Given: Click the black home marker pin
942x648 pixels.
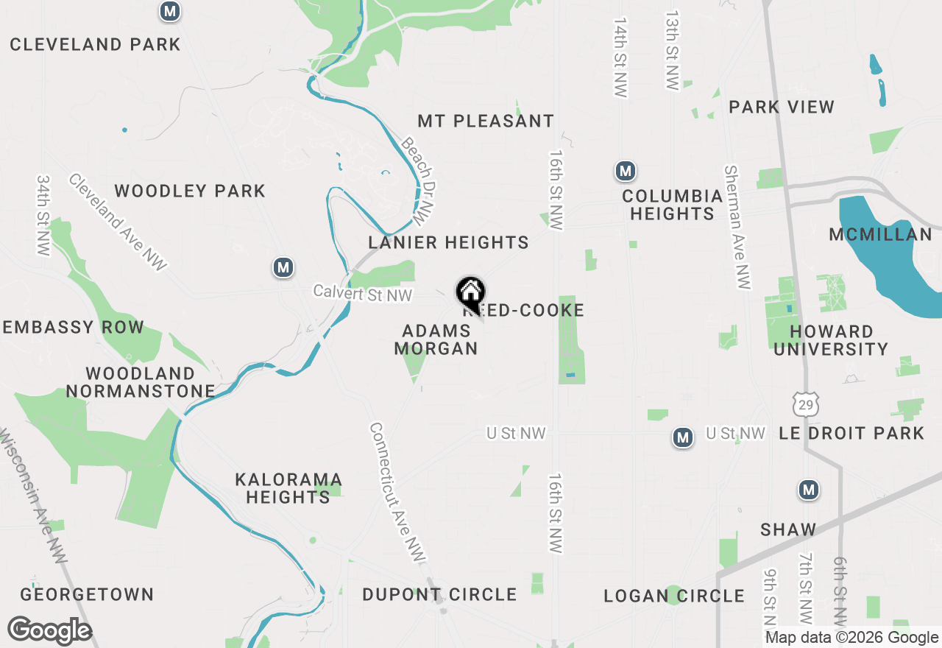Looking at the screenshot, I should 470,294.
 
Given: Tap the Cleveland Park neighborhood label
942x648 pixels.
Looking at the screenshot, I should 95,44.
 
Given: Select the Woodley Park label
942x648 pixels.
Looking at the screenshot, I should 190,191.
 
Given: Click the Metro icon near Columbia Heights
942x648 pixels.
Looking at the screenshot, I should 625,172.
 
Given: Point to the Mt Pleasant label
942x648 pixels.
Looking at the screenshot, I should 486,121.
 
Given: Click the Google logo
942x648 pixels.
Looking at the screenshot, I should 49,630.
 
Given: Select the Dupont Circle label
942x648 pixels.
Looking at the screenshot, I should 439,594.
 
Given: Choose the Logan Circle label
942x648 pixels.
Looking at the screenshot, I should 674,596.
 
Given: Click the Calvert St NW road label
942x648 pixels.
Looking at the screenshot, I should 362,293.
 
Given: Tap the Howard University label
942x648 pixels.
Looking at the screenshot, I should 831,340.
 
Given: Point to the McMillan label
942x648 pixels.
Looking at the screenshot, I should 880,235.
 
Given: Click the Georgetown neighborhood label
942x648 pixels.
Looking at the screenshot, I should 87,594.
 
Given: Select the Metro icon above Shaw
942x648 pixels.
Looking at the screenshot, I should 809,490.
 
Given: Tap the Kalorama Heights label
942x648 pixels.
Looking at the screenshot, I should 288,488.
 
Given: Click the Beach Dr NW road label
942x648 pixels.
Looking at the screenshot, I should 416,180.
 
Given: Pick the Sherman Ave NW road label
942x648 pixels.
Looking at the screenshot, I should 737,227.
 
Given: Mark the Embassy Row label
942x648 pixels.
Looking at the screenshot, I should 72,328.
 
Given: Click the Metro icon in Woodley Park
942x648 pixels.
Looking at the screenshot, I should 283,268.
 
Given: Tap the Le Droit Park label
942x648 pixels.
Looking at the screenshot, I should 851,433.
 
